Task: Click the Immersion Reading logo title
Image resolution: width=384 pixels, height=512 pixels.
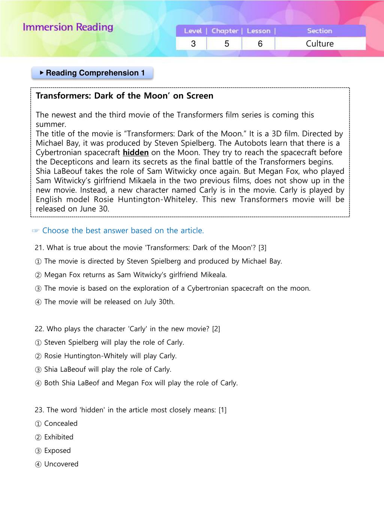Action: point(68,27)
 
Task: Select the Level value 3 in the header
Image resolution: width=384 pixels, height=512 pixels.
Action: point(193,44)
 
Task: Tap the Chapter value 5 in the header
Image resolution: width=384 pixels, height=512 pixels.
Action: point(226,44)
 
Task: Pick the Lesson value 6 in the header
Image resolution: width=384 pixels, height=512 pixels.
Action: point(260,44)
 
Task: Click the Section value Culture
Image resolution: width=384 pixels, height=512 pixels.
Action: point(319,44)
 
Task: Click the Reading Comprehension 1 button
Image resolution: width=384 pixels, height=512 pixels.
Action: point(92,73)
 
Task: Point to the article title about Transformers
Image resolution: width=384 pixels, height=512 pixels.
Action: point(124,96)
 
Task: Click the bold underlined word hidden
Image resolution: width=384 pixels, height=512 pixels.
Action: point(136,153)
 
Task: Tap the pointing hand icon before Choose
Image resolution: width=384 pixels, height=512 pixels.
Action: point(36,231)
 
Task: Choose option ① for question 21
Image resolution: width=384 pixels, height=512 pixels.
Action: point(38,261)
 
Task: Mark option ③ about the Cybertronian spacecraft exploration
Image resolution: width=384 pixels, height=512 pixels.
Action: point(38,288)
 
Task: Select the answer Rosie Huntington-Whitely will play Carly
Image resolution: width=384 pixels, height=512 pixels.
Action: point(110,356)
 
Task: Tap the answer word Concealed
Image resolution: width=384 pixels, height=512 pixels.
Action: point(61,423)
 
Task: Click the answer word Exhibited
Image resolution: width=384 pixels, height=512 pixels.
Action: point(59,437)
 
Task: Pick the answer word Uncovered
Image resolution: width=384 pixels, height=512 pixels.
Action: point(61,464)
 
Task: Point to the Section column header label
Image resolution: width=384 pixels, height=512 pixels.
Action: point(319,31)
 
